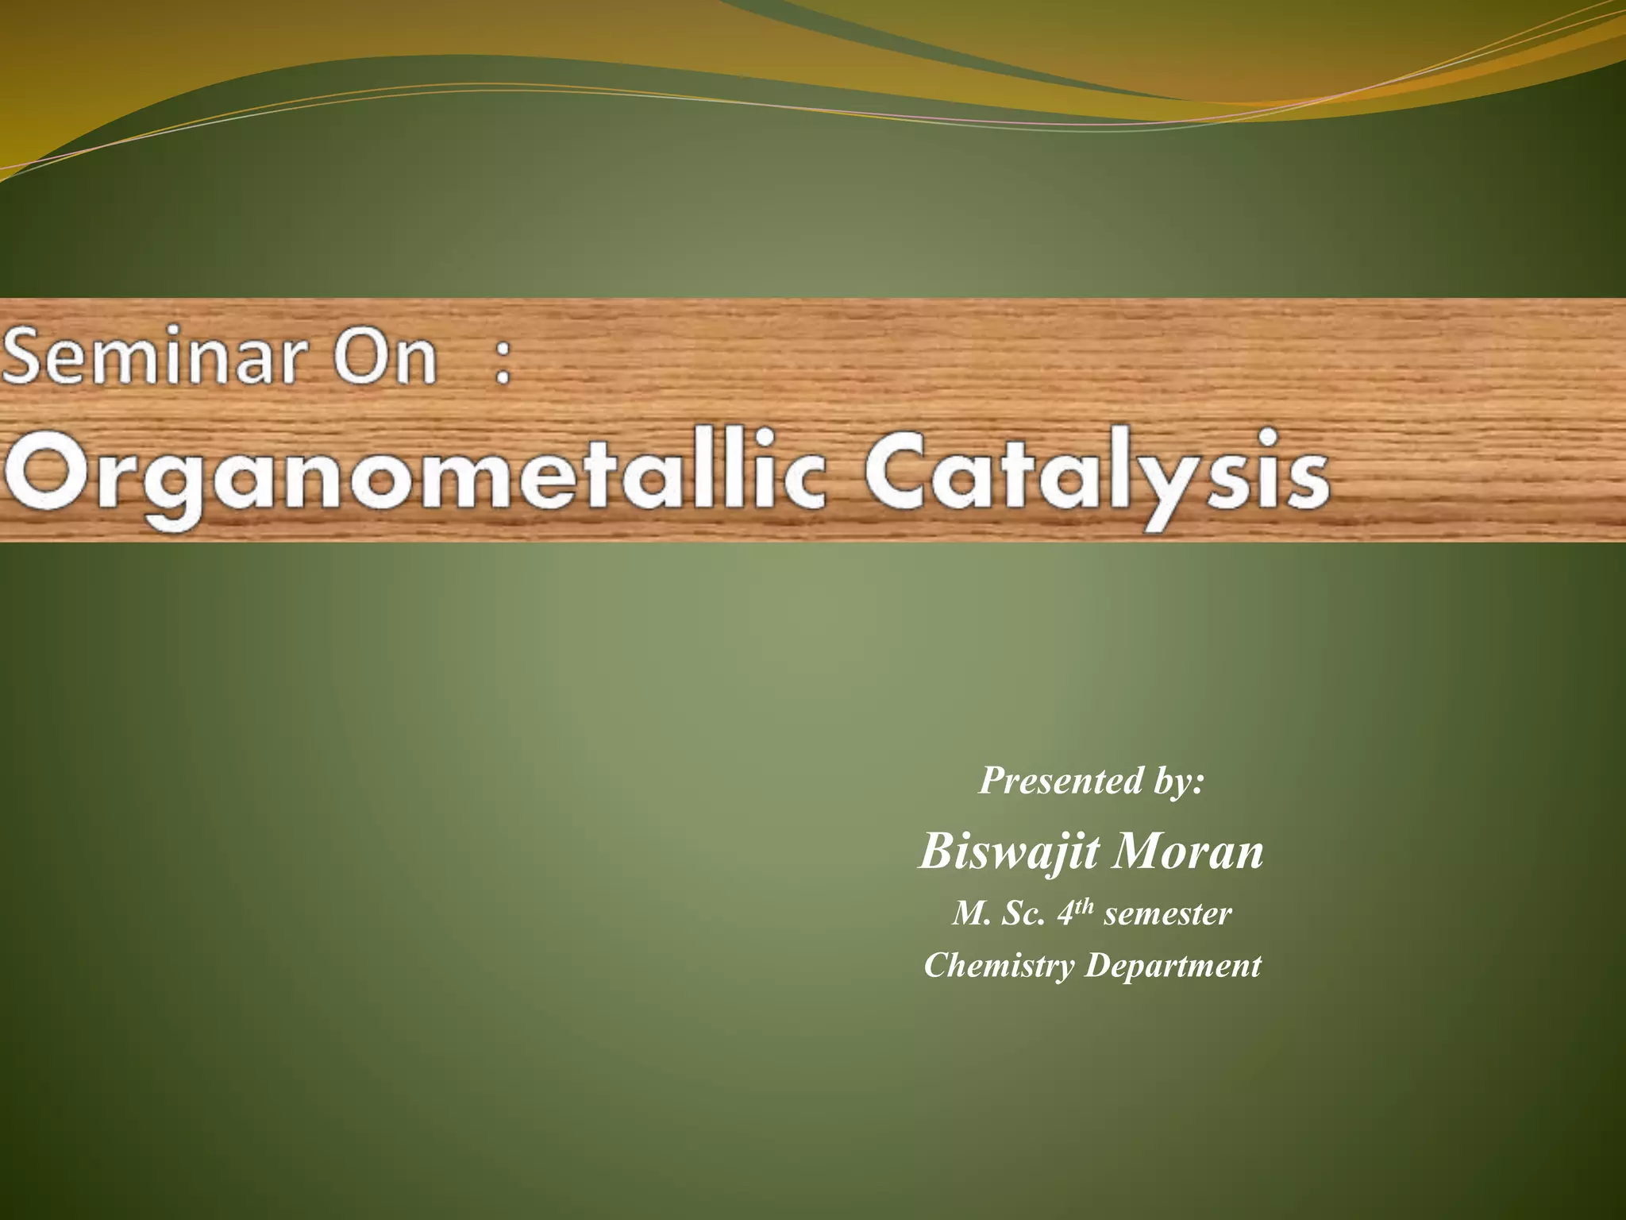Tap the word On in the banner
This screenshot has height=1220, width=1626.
tap(384, 357)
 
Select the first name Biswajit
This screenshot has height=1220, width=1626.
tap(1009, 851)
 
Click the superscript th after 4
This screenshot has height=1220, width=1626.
tap(1085, 906)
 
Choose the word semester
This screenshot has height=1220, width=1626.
tap(1167, 914)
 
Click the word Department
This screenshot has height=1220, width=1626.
tap(1173, 966)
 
